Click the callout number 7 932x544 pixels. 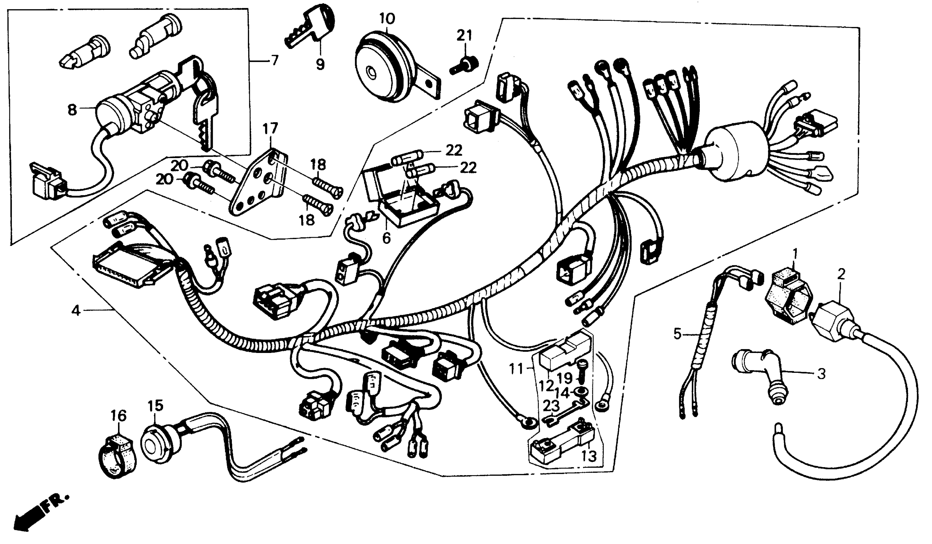tap(274, 60)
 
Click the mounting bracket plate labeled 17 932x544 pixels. tap(257, 185)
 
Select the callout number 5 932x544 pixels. tap(677, 334)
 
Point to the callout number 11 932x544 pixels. tap(516, 369)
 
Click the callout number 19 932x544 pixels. tap(565, 378)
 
